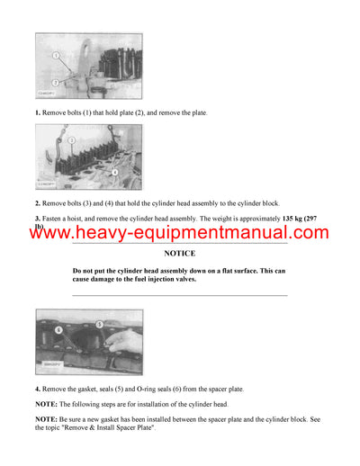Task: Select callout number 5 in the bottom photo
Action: click(100, 324)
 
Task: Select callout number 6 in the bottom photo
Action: click(58, 331)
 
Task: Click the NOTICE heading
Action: click(179, 255)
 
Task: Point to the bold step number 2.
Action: click(38, 205)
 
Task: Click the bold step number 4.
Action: click(38, 388)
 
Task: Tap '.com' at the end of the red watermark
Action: click(307, 234)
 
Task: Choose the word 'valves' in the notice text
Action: click(193, 280)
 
